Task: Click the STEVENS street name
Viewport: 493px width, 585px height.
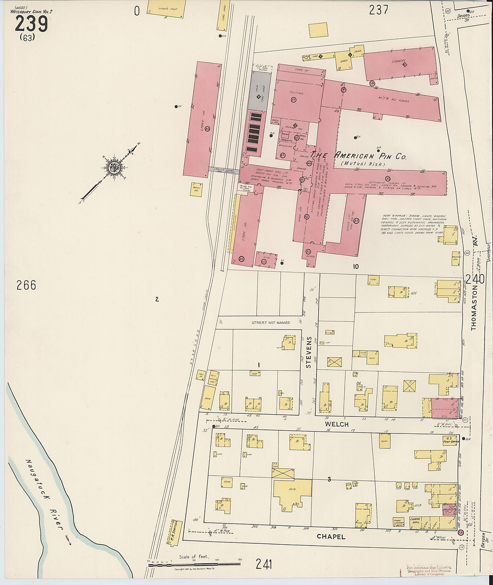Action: coord(308,352)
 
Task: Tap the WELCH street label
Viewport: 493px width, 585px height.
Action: coord(337,424)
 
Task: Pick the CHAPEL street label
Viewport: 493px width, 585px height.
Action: coord(331,537)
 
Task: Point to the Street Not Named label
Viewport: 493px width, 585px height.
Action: coord(270,322)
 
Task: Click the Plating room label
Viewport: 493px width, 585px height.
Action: coord(296,93)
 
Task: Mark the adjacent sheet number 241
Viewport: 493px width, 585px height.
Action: coord(264,564)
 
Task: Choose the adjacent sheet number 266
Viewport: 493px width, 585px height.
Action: coord(26,285)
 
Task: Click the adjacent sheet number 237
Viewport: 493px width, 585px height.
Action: coord(378,10)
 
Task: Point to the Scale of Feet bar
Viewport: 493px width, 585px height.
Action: coord(195,563)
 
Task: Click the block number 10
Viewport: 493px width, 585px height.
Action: coord(355,266)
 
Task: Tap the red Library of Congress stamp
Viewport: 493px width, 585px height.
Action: coord(428,570)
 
